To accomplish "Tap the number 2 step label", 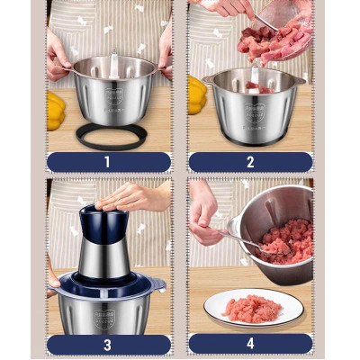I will (x=250, y=162).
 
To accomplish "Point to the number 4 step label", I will (x=250, y=344).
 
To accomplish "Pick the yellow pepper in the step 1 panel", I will (x=56, y=110).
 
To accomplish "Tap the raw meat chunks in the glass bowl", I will (x=274, y=40).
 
